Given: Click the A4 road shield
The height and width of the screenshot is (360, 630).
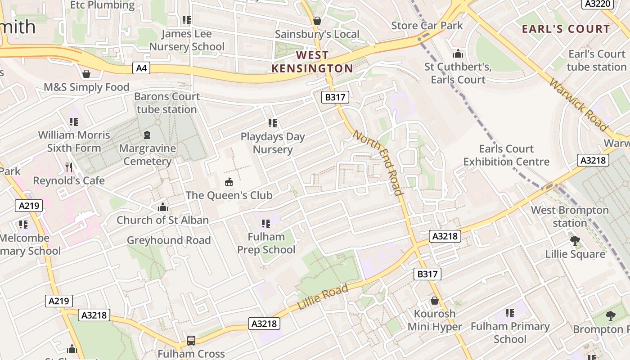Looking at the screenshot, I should click(141, 68).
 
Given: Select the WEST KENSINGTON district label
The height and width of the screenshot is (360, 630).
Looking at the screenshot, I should click(312, 62).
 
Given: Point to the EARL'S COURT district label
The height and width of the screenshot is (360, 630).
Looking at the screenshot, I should click(566, 29).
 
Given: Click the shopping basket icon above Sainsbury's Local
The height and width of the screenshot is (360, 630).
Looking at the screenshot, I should click(317, 21).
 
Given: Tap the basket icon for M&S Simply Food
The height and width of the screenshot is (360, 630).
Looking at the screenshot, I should click(86, 73).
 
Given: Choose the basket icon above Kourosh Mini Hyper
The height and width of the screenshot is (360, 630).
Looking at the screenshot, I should click(435, 300).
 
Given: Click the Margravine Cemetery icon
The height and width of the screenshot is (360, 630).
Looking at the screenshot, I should click(147, 135).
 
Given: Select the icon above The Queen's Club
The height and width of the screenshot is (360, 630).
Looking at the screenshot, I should click(229, 182).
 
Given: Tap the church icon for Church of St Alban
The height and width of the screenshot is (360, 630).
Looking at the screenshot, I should click(162, 207).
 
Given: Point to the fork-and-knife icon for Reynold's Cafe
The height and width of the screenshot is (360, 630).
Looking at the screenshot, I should click(68, 167).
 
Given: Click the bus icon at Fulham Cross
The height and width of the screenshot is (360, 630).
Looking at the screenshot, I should click(191, 340).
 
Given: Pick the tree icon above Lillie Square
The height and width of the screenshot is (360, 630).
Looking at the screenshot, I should click(575, 240).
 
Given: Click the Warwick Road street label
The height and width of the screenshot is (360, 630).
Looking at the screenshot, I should click(578, 105).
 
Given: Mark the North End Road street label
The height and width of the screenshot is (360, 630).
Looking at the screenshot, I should click(377, 162).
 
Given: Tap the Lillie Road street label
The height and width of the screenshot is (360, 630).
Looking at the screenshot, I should click(323, 297).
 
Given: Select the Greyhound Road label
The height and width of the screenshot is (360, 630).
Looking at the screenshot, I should click(169, 240).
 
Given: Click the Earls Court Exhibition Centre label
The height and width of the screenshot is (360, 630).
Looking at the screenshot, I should click(506, 155).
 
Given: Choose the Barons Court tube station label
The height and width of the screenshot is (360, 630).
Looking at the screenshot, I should click(167, 103).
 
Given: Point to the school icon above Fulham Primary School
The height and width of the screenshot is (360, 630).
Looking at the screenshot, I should click(510, 313).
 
